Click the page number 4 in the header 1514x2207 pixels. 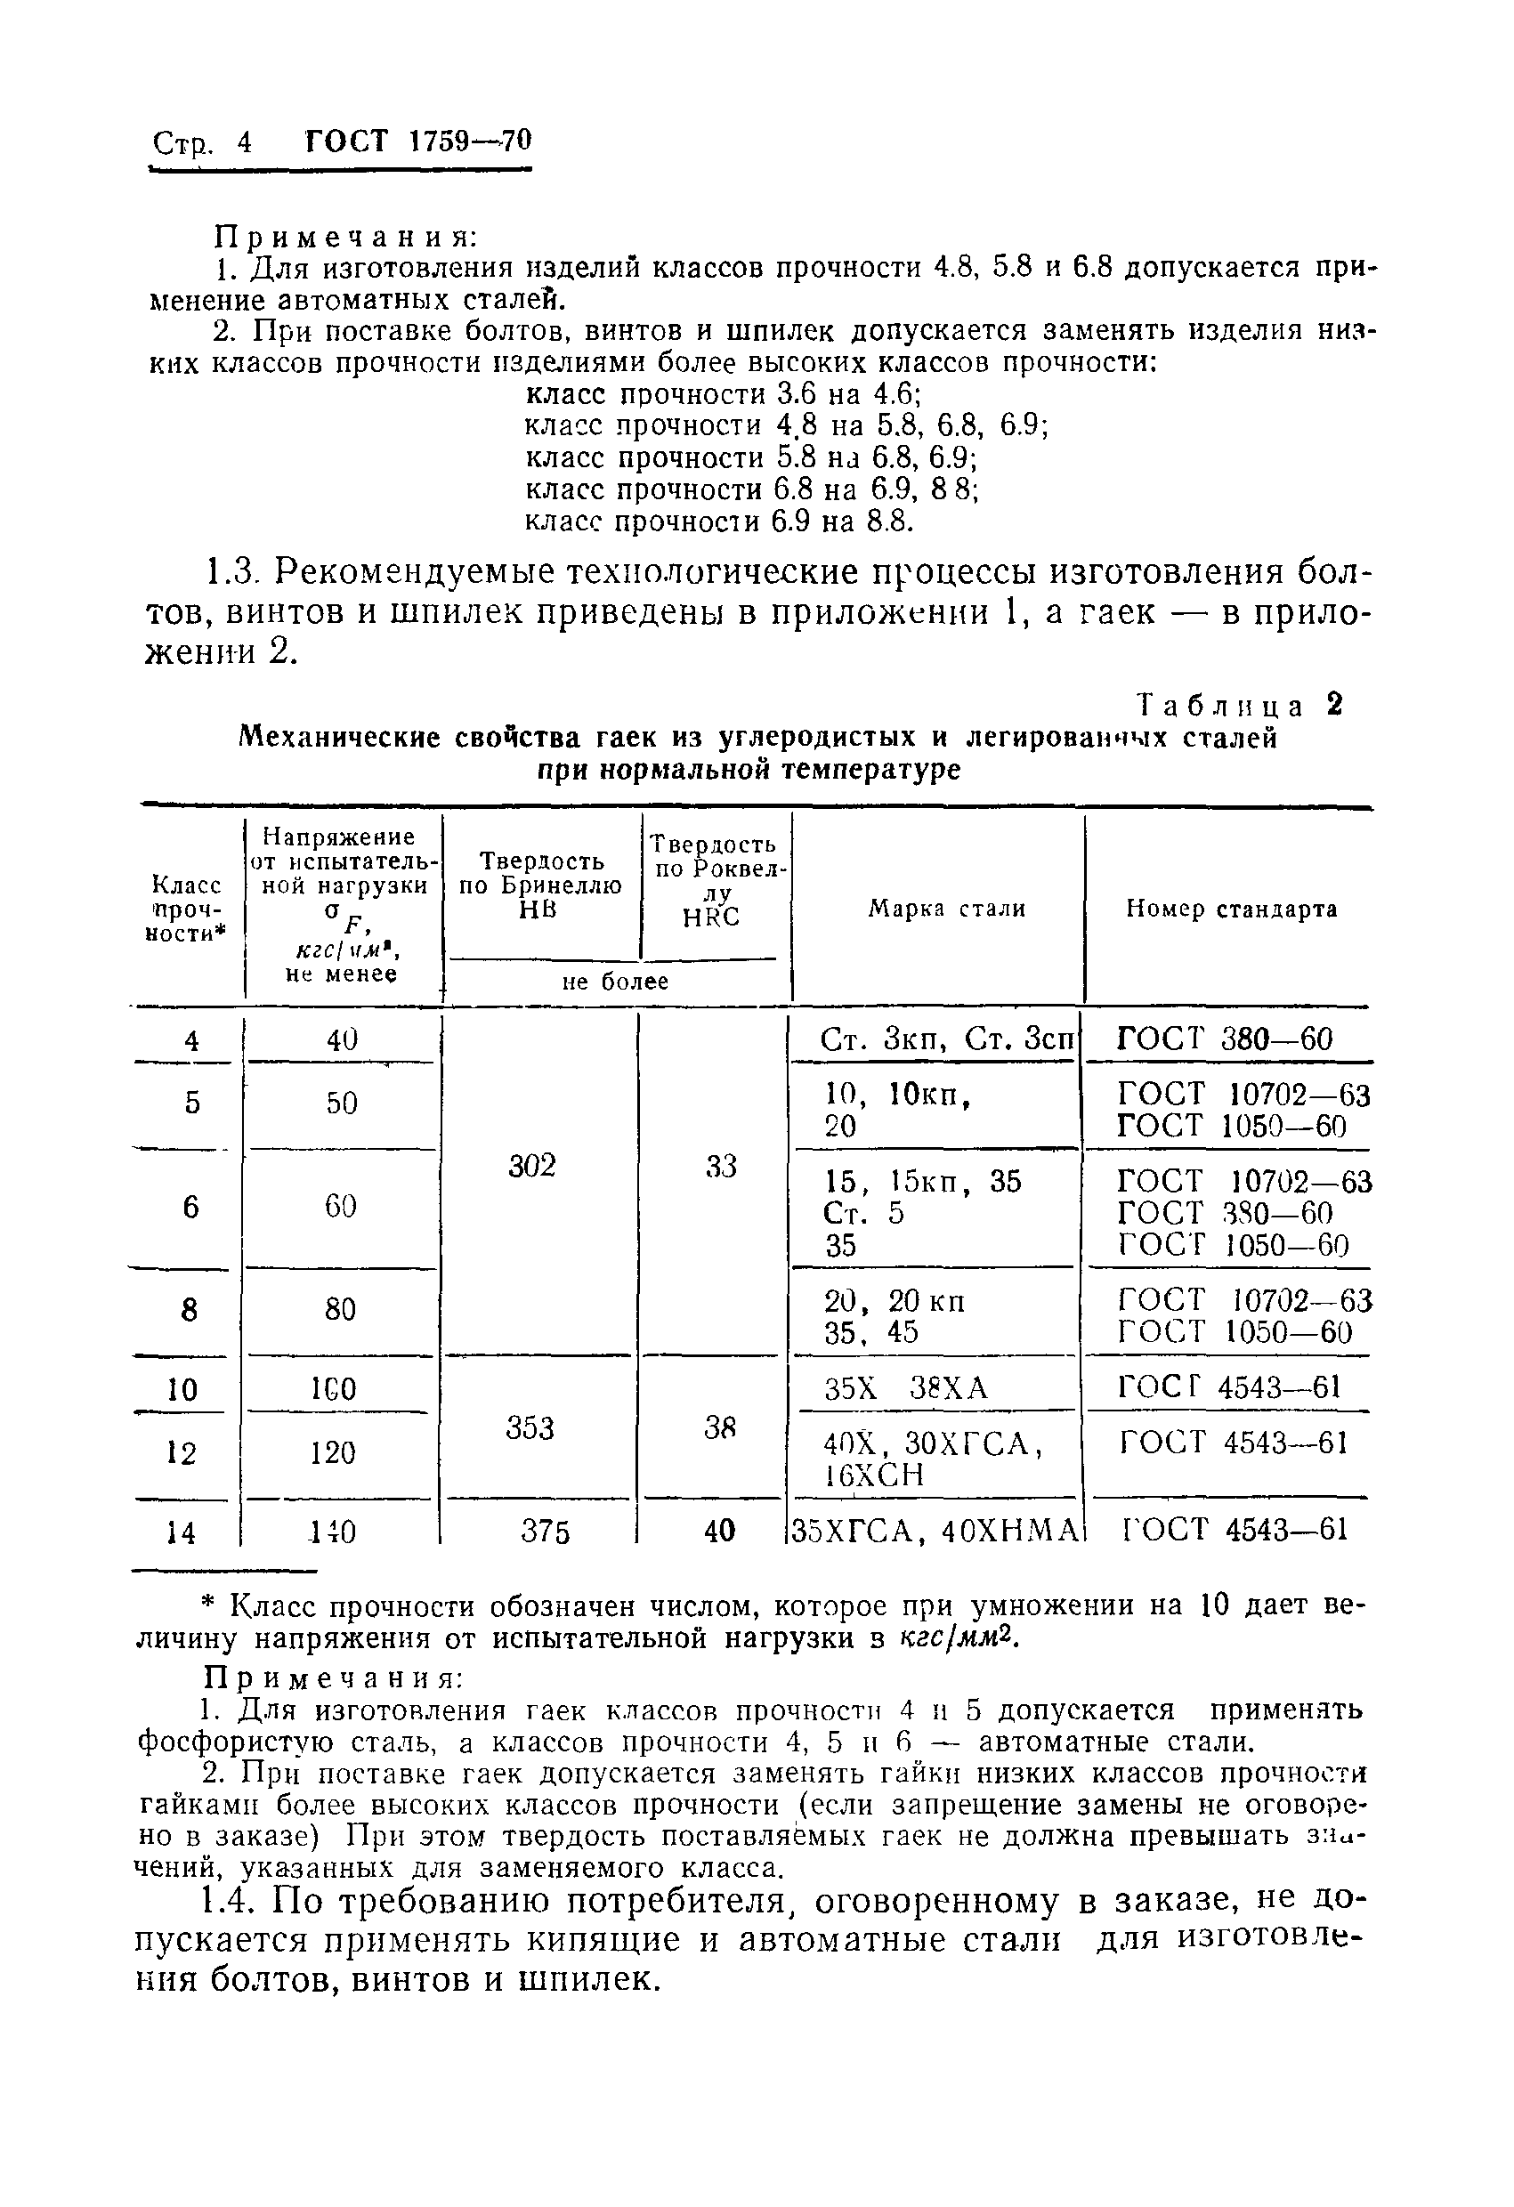click(244, 142)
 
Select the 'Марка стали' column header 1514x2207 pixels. click(946, 909)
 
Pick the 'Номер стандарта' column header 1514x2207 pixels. click(1231, 909)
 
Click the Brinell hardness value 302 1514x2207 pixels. click(531, 1166)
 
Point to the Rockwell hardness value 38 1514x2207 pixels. click(720, 1427)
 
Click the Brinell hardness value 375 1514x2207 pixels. click(546, 1530)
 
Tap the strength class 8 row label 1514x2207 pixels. click(189, 1311)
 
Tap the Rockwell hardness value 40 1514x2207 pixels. click(719, 1530)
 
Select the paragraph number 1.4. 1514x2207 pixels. click(229, 1900)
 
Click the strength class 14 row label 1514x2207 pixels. click(180, 1532)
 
